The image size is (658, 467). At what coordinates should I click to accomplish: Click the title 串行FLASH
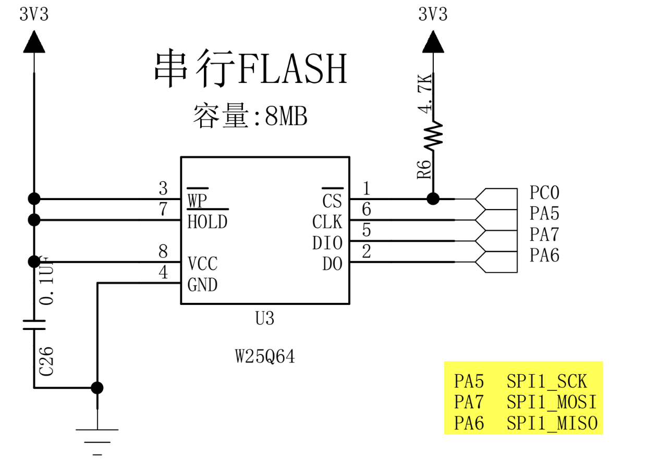tap(250, 69)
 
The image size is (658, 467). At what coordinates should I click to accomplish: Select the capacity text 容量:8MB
tap(250, 117)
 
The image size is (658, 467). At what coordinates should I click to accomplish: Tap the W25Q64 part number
tap(265, 357)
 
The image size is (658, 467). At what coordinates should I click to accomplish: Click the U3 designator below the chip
tap(265, 318)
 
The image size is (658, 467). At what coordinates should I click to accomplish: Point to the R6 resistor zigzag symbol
tap(433, 134)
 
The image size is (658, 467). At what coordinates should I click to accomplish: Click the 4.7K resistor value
tap(425, 93)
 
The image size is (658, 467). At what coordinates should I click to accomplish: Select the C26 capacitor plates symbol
tap(34, 325)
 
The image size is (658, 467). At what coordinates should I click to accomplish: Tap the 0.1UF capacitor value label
tap(47, 280)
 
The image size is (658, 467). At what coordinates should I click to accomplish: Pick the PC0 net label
tap(544, 193)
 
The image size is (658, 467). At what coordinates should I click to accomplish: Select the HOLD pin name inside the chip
tap(208, 222)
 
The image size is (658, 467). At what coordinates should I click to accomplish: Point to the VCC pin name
tap(202, 264)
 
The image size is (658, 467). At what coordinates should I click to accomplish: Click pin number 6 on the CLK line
tap(367, 210)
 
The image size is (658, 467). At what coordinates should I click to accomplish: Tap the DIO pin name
tap(327, 243)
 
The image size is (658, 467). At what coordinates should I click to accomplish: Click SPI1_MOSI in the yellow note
tap(551, 402)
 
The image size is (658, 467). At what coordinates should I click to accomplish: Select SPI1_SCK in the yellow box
tap(546, 382)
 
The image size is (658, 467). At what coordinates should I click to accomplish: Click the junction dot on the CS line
tap(433, 199)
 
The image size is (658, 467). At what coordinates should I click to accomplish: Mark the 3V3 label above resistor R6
tap(433, 14)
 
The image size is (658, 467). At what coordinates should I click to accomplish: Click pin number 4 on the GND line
tap(164, 273)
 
